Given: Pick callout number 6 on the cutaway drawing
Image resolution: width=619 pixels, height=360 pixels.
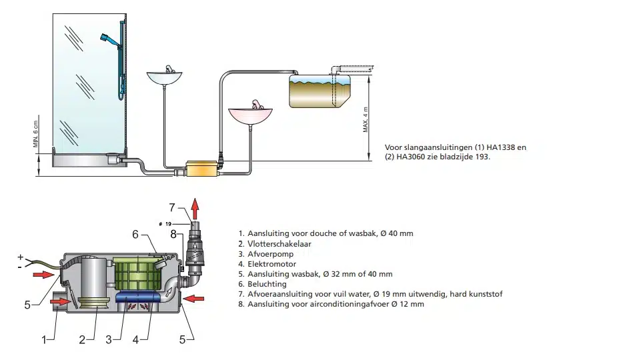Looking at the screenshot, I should click(135, 234).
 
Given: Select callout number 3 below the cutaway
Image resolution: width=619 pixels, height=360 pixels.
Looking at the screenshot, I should click(109, 339).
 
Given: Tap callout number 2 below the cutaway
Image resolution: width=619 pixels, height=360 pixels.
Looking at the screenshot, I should click(83, 339).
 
